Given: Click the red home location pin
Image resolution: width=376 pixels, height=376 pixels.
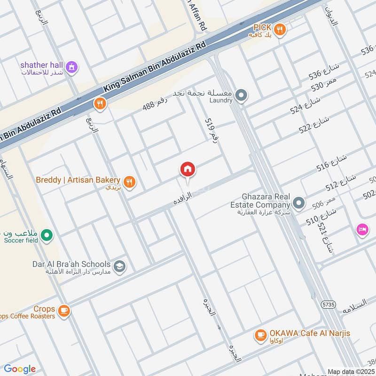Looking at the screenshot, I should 188,169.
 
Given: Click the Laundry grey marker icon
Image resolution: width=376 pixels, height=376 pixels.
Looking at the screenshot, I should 241,96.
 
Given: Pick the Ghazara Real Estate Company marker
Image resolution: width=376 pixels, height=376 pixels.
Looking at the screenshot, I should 298,204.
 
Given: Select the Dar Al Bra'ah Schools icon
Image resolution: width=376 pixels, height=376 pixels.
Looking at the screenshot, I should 120,266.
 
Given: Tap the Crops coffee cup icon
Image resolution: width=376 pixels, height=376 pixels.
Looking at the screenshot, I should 63,310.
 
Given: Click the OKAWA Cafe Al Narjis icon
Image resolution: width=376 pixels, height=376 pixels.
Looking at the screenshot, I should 260,335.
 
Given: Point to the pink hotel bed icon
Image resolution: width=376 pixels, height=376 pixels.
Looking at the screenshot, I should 362,230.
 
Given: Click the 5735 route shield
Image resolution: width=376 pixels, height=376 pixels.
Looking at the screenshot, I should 328,305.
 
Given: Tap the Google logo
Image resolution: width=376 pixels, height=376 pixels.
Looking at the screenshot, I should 20,369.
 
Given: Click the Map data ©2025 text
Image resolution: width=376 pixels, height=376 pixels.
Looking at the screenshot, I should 351,371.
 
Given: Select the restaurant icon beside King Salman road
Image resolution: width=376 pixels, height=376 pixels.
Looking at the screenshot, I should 99,103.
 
